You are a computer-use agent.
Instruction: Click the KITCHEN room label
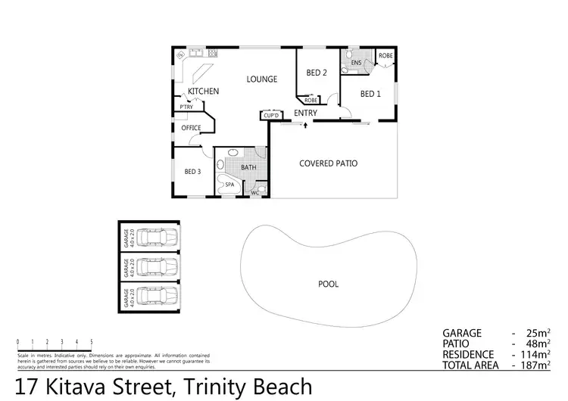[x=204, y=92]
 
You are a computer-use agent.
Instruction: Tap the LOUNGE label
[x=261, y=79]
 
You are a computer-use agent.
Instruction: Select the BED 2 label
[x=317, y=73]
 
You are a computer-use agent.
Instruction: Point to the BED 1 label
[x=370, y=94]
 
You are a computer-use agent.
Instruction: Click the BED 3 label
[x=192, y=171]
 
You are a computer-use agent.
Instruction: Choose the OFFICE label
[x=191, y=128]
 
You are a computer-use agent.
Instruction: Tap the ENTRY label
[x=305, y=113]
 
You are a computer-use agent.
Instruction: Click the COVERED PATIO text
[x=328, y=163]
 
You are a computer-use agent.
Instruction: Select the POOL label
[x=328, y=284]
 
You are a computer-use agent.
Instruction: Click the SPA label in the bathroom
[x=229, y=184]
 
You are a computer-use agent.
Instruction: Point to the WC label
[x=255, y=193]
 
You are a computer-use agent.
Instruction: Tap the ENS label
[x=355, y=63]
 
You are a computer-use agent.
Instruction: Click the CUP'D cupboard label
[x=270, y=115]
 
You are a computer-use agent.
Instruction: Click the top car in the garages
[x=157, y=238]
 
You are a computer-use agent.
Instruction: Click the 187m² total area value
[x=536, y=365]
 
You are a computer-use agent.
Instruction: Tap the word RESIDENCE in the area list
[x=469, y=354]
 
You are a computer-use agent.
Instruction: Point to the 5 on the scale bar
[x=92, y=342]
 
